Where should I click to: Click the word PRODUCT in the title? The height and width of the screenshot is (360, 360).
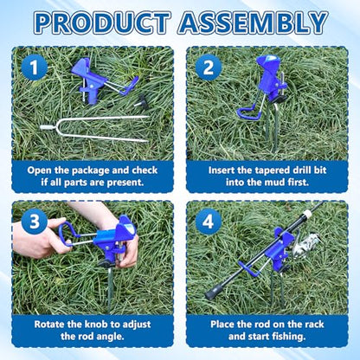click(x=102, y=22)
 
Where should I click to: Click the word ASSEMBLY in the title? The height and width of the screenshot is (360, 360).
click(x=253, y=22)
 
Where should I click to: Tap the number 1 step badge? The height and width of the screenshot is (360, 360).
click(x=35, y=67)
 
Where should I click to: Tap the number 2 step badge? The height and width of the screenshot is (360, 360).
click(x=209, y=67)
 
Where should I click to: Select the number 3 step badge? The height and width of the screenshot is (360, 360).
click(x=35, y=222)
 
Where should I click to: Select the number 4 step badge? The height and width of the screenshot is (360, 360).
click(x=209, y=222)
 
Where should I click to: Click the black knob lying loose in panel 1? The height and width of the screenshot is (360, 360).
click(x=143, y=101)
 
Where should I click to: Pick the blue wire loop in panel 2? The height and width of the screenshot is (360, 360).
click(x=248, y=110)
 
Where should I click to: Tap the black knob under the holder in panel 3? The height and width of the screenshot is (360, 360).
click(x=106, y=263)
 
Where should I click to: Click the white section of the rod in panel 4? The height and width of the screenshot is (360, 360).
click(x=307, y=215)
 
